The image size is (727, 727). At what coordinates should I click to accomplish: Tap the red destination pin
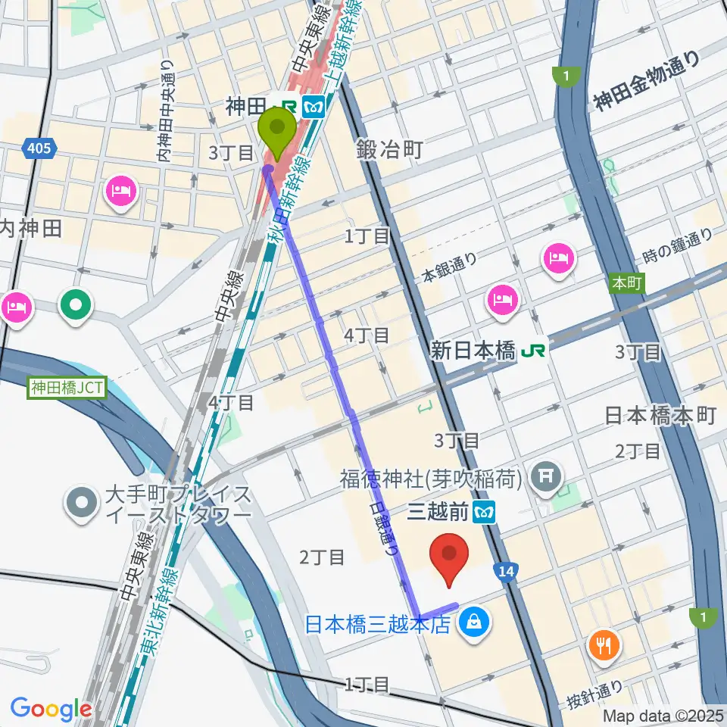click(450, 557)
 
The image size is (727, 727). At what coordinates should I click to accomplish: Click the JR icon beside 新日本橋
click(535, 350)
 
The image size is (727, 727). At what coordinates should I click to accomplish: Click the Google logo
click(51, 709)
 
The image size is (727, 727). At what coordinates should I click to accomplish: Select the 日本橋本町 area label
click(660, 415)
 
